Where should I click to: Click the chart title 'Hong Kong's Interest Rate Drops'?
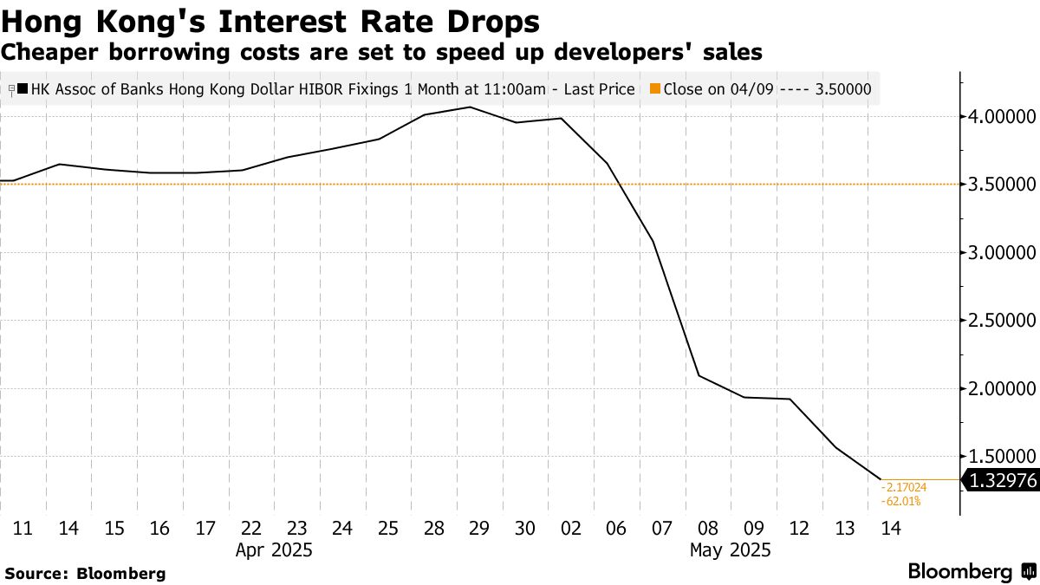(x=270, y=21)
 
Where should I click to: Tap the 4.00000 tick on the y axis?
(x=1003, y=117)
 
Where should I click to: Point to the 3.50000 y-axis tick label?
(x=1003, y=185)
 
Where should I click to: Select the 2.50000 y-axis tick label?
(x=1003, y=321)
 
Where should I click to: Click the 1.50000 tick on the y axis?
(x=1003, y=457)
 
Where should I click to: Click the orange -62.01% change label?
(x=900, y=501)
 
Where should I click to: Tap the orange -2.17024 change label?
(x=904, y=488)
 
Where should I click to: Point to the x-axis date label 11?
(x=23, y=528)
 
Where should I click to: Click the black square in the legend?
(x=23, y=88)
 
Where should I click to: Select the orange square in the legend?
(x=655, y=88)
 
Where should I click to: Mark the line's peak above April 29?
(x=470, y=107)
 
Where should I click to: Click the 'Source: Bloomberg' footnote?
(x=85, y=573)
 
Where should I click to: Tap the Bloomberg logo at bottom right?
(x=971, y=572)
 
